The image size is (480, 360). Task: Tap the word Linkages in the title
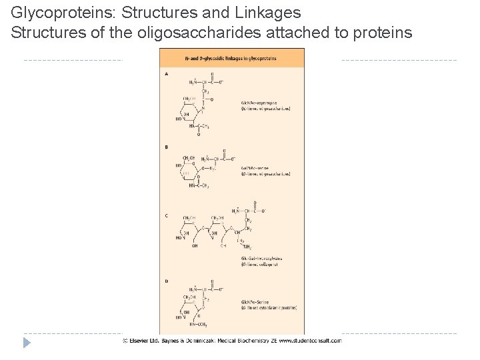click(x=267, y=13)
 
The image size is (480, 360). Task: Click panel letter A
click(x=166, y=73)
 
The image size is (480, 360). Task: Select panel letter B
click(x=166, y=147)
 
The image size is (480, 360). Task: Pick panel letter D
click(x=166, y=281)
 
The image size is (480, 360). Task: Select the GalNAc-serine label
click(x=257, y=168)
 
